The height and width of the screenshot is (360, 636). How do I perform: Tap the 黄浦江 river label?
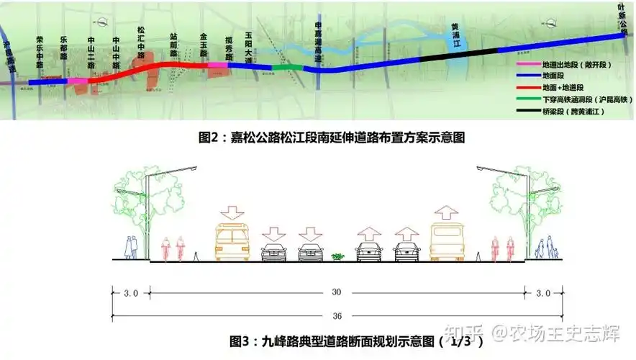[455, 37]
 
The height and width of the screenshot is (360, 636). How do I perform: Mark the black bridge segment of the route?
[458, 53]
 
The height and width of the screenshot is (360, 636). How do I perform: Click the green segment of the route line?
[287, 68]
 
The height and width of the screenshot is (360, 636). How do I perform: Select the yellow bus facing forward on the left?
[232, 241]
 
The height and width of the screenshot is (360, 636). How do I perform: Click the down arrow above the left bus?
[232, 212]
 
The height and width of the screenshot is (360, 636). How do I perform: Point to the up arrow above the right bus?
[445, 212]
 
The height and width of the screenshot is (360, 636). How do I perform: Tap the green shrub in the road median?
[337, 256]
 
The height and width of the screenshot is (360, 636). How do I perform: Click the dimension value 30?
[337, 292]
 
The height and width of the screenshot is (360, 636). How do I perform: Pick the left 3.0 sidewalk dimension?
[130, 293]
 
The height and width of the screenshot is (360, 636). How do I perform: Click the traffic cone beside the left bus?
[196, 255]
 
